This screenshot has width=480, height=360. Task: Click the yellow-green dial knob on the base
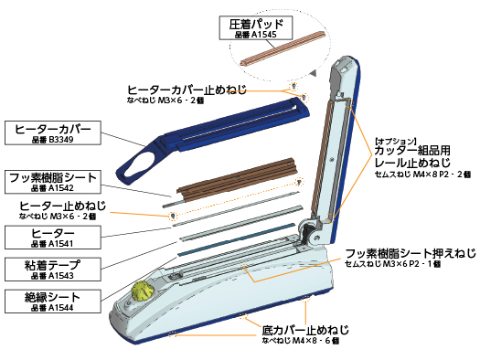tap(142, 291)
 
